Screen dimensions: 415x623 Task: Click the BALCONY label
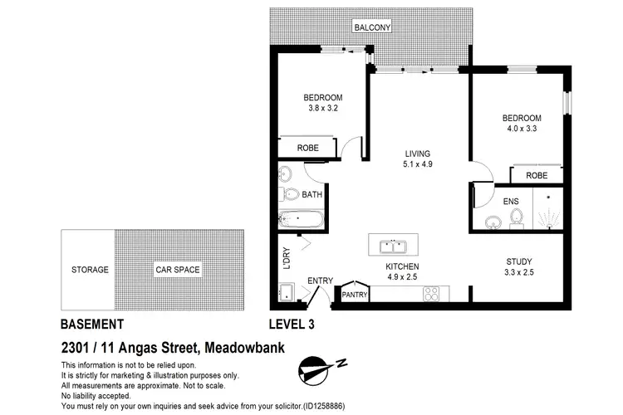tap(372, 27)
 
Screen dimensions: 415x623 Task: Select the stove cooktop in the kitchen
tap(432, 293)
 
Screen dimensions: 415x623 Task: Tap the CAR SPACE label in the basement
tap(178, 270)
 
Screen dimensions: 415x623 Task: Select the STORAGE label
tap(89, 270)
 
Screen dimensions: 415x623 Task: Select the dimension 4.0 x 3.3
tap(522, 129)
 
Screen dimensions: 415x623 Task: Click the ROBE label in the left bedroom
tap(308, 148)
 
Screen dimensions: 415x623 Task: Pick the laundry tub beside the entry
tap(287, 292)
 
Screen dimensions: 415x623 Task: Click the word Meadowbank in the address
tap(246, 347)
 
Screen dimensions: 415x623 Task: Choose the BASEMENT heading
tap(92, 325)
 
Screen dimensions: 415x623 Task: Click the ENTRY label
tap(320, 281)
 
